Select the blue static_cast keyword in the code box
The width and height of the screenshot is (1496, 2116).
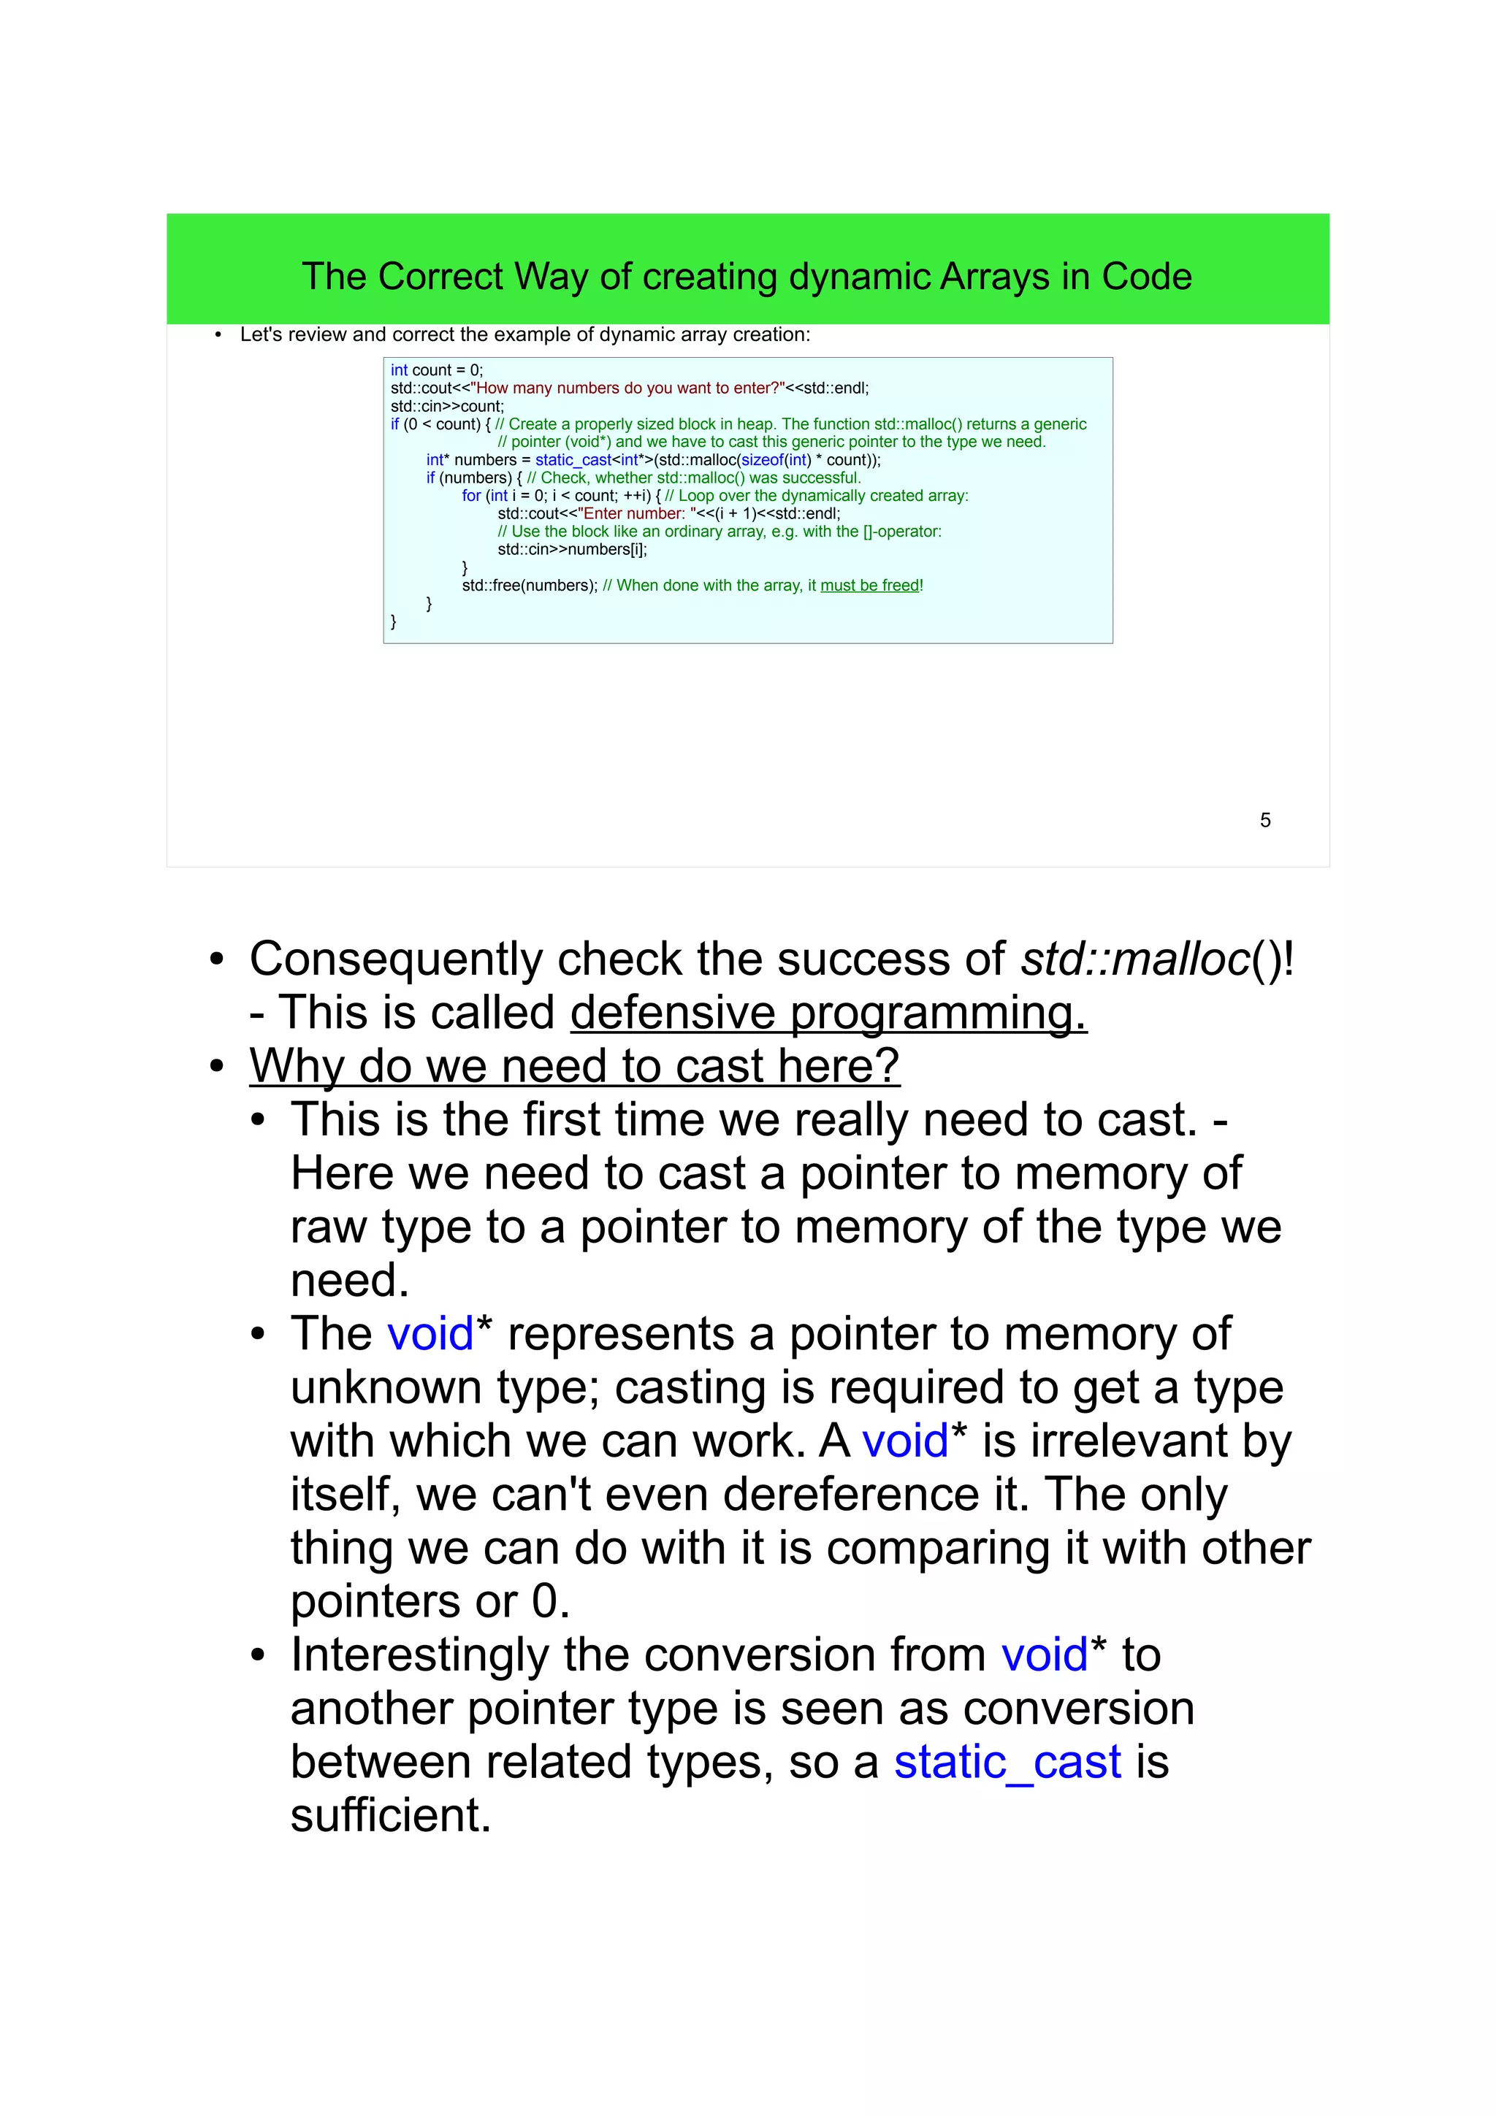coord(573,460)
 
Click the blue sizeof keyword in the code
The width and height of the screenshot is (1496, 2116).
coord(763,460)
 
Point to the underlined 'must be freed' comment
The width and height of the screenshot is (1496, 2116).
coord(869,585)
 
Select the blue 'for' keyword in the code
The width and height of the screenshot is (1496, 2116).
coord(471,496)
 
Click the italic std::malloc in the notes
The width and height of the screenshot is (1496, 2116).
coord(1134,959)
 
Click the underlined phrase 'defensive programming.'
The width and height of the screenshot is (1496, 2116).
coord(828,1013)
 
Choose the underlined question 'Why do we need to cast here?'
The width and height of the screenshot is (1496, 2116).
coord(573,1066)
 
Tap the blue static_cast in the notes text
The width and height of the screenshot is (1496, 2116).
coord(1007,1762)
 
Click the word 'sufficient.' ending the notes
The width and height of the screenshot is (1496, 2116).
coord(390,1816)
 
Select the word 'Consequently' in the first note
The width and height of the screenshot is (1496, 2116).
coord(395,959)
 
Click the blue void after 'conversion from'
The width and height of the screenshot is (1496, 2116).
coord(1045,1655)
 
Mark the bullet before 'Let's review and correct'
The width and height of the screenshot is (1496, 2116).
coord(218,335)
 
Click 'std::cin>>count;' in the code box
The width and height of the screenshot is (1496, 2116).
coord(447,407)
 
